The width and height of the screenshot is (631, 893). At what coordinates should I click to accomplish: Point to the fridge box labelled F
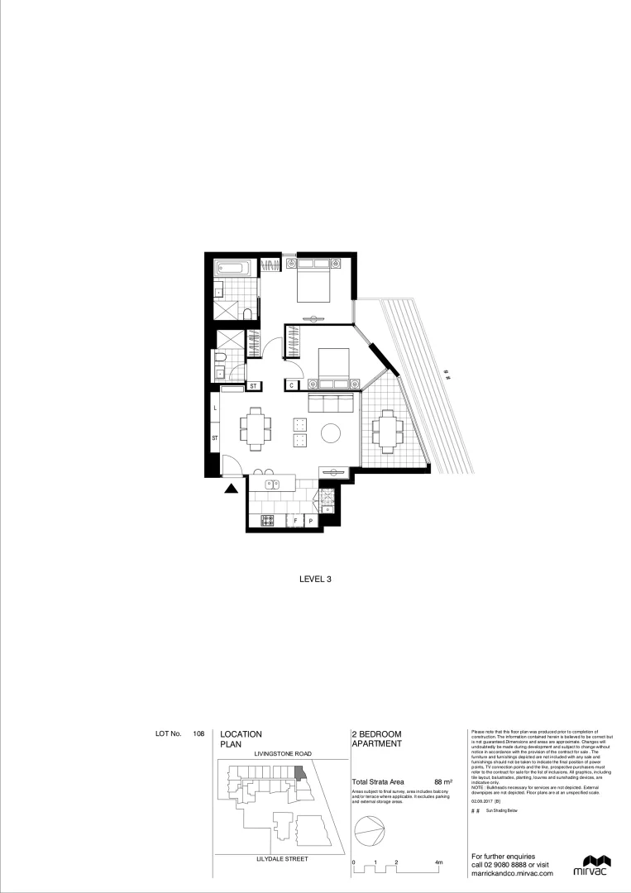coord(295,522)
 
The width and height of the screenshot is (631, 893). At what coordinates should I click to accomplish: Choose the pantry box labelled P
coord(310,522)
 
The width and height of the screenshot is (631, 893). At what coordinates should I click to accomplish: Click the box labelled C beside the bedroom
coord(293,384)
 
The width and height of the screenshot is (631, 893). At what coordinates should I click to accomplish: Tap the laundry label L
coord(215,408)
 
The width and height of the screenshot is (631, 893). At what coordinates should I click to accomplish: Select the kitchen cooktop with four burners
coord(268,521)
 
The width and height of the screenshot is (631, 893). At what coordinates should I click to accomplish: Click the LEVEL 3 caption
coord(315,580)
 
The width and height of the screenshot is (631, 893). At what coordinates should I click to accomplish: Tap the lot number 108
coord(198,733)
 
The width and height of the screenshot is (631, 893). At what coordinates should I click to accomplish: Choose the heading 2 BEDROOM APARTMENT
coord(377,738)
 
